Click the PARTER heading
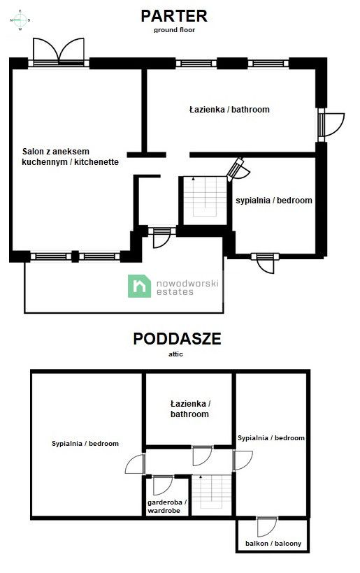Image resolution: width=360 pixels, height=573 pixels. click(x=174, y=15)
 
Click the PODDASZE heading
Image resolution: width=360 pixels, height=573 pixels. click(x=177, y=339)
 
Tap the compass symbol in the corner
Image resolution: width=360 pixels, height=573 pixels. click(x=20, y=21)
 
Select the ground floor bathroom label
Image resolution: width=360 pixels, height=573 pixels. click(x=229, y=110)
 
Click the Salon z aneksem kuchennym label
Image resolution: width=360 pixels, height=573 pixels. click(x=70, y=157)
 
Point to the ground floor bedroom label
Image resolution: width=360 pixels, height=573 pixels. click(x=273, y=201)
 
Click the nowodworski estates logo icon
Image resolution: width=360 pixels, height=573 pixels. click(x=139, y=286)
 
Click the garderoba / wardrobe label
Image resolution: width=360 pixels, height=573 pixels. click(x=164, y=507)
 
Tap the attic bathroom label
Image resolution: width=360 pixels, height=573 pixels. click(x=189, y=409)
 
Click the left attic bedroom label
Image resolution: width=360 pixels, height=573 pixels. click(x=85, y=443)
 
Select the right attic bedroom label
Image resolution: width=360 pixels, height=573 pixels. click(x=271, y=438)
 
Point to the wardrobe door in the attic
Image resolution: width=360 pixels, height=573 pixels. click(x=162, y=484)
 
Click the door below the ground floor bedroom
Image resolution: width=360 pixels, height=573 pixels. click(x=266, y=263)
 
